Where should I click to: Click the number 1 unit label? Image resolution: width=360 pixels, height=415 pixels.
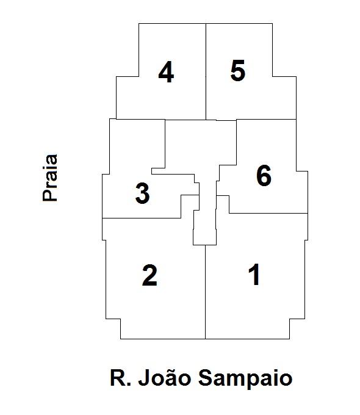click(x=254, y=275)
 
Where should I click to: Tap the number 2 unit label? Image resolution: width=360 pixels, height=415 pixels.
click(x=150, y=275)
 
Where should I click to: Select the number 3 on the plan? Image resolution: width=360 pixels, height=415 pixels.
click(x=142, y=193)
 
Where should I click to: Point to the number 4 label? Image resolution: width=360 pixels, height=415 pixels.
click(x=166, y=72)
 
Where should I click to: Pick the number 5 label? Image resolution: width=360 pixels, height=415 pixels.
click(x=238, y=71)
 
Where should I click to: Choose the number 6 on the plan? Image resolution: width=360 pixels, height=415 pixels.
click(x=264, y=175)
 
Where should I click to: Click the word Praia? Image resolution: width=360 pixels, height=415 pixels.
click(x=50, y=178)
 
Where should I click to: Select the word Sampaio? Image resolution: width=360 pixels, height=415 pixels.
click(x=245, y=378)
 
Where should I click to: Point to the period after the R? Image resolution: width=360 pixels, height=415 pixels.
click(x=129, y=384)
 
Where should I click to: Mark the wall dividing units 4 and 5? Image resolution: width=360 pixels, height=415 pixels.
click(x=206, y=71)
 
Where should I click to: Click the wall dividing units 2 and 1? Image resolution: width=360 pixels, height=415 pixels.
click(x=206, y=292)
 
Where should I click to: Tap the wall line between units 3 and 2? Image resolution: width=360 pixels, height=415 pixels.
click(x=142, y=218)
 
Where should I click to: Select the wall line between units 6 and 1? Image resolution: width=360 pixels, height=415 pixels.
click(x=268, y=213)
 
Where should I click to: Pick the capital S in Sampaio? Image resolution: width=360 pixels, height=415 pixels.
click(x=206, y=378)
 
